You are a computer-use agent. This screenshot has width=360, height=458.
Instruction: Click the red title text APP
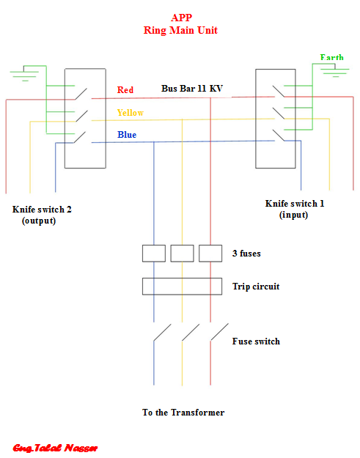(x=181, y=18)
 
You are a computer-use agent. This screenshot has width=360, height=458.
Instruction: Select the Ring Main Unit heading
(x=180, y=30)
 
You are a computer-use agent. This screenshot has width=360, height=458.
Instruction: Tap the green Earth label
(x=331, y=57)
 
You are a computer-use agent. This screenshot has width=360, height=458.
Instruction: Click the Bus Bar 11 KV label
(x=192, y=88)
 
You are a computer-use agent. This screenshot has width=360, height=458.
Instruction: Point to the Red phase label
(x=125, y=89)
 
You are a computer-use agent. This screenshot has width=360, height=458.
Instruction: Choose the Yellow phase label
(x=131, y=112)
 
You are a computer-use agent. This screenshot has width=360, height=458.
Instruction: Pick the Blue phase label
(x=127, y=135)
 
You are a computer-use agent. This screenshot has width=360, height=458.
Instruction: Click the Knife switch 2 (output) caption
(x=42, y=215)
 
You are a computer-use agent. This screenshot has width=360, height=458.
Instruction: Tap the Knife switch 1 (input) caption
(x=295, y=209)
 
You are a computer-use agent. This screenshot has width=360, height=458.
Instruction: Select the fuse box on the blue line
(x=154, y=254)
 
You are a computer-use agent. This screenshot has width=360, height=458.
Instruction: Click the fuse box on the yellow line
(x=182, y=254)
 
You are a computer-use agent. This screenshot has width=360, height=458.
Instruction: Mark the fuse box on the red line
(x=210, y=254)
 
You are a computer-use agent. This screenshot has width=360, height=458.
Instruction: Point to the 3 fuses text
(x=246, y=254)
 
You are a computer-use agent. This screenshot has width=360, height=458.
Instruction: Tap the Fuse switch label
(x=256, y=341)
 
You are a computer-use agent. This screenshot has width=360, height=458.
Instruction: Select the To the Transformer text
(x=183, y=412)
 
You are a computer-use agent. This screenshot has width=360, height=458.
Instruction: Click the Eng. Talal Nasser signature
(x=55, y=448)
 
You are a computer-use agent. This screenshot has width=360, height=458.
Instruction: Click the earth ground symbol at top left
(x=24, y=73)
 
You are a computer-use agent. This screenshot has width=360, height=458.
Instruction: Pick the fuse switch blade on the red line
(x=219, y=332)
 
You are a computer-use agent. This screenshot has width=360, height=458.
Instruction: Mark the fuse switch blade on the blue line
(x=162, y=333)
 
